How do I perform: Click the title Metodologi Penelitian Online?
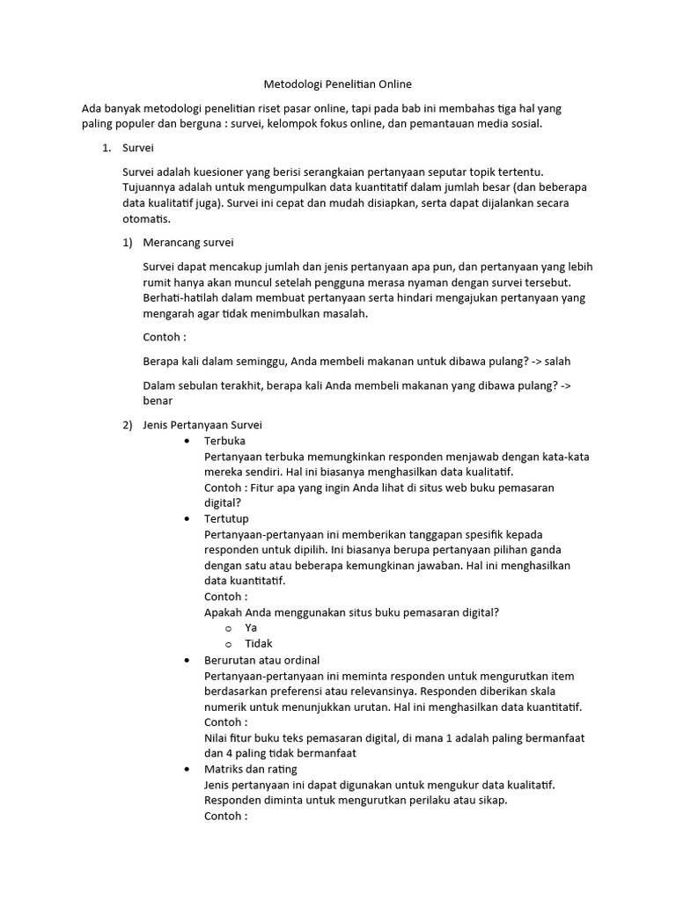[x=338, y=84]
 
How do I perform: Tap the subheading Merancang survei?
[x=187, y=242]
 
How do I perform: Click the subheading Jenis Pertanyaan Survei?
[x=202, y=425]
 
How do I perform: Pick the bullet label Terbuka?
[x=224, y=441]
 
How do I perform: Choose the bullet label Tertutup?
[x=226, y=519]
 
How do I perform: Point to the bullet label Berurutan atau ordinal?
[x=261, y=660]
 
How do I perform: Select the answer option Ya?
[x=251, y=628]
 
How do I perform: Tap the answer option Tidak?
[x=258, y=644]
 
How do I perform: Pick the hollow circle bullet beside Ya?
[x=228, y=628]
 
